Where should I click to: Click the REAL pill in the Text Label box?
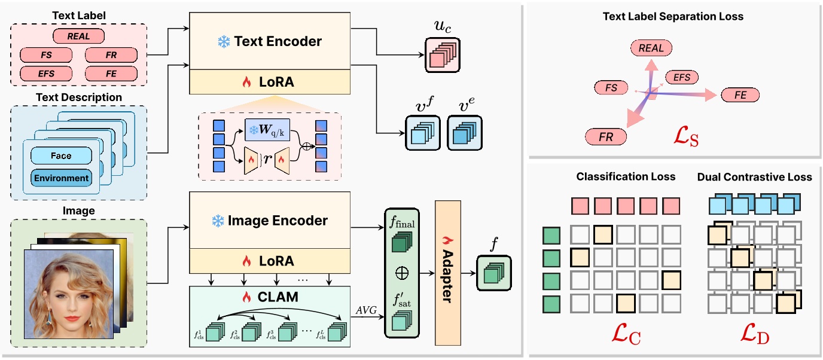tap(79, 36)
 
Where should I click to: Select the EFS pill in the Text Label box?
tap(46, 74)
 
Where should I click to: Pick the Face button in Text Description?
tap(61, 155)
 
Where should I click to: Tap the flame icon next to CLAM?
tap(246, 297)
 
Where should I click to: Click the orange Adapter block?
tap(447, 272)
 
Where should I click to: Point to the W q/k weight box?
tap(267, 130)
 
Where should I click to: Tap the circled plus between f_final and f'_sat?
tap(402, 273)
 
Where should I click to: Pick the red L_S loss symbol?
tap(684, 140)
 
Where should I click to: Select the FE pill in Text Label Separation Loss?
tap(740, 94)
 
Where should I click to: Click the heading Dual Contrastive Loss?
tap(755, 177)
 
